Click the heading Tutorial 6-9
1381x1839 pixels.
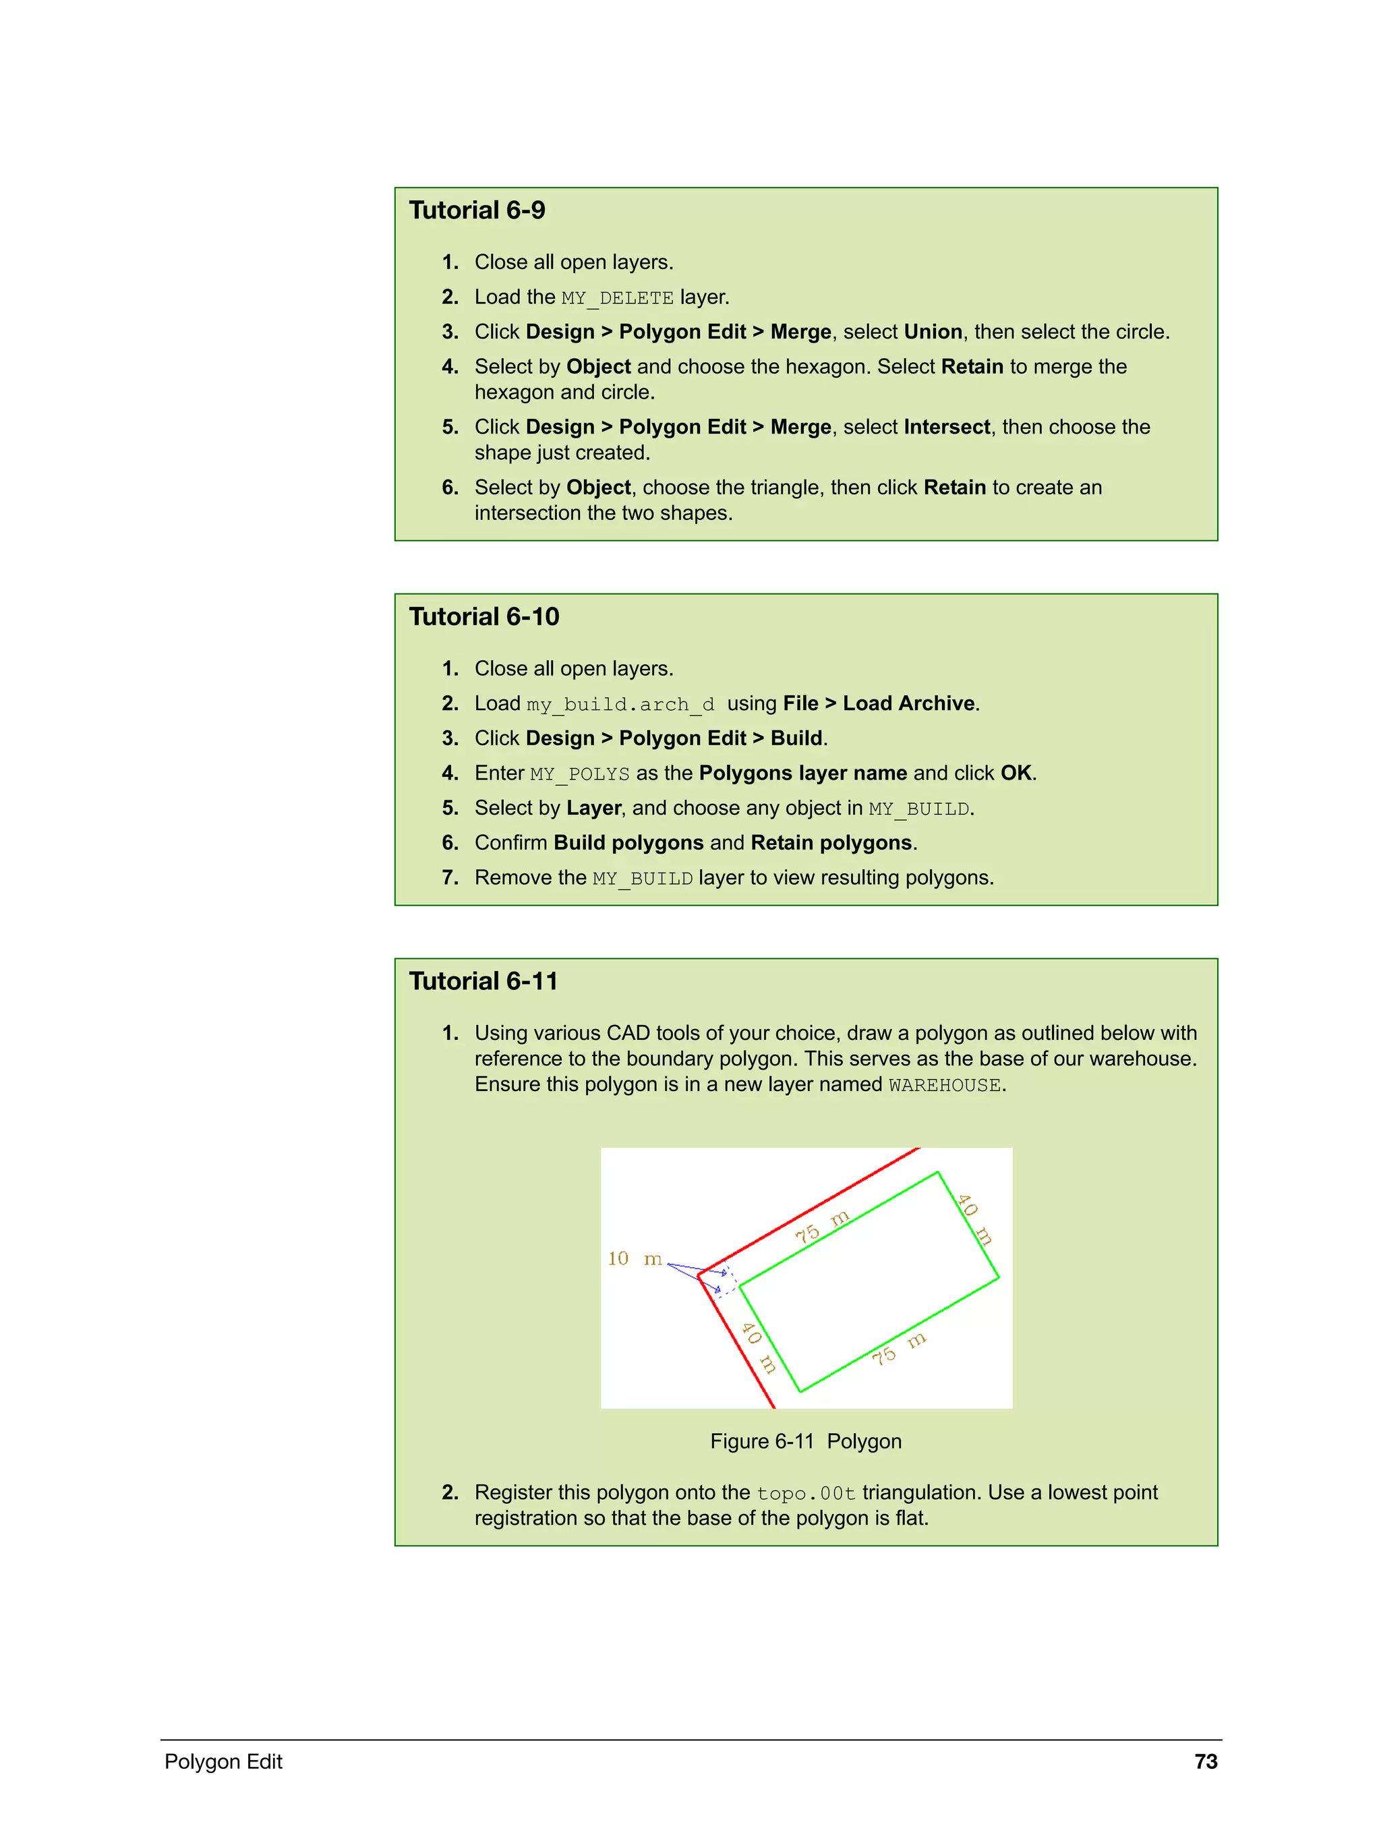(x=477, y=210)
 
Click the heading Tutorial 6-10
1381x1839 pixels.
(x=484, y=617)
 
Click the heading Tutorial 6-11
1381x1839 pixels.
(x=483, y=981)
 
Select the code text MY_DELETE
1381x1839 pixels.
(x=617, y=297)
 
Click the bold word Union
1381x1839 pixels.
(x=932, y=332)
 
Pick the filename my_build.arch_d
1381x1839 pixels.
(x=620, y=704)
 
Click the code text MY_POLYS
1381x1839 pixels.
(x=579, y=774)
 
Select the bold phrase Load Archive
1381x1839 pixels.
(x=908, y=703)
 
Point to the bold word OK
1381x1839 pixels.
(x=1015, y=773)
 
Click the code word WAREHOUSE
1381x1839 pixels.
(x=943, y=1085)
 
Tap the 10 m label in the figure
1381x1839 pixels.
(x=635, y=1258)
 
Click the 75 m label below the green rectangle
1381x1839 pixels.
(x=898, y=1349)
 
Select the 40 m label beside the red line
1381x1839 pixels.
(x=758, y=1347)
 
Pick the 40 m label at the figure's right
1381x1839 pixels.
(x=974, y=1219)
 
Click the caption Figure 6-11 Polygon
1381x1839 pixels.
(x=805, y=1440)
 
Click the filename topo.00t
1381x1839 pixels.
(x=805, y=1493)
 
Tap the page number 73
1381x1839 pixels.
(x=1205, y=1761)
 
